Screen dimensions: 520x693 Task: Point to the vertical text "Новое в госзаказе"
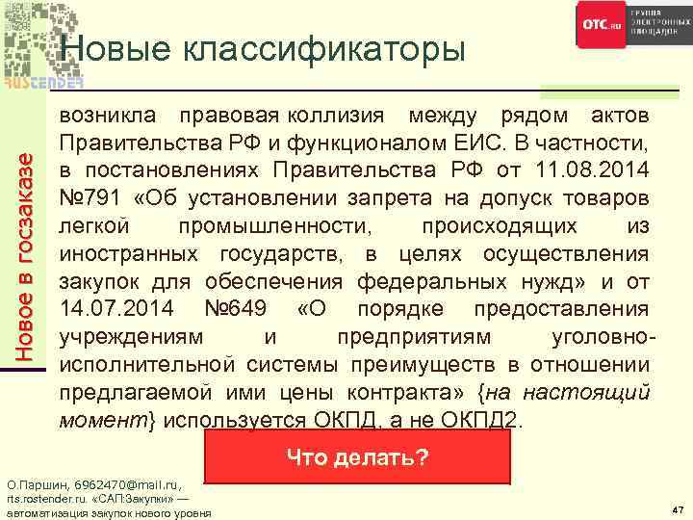pos(33,247)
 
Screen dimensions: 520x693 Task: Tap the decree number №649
pos(240,309)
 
